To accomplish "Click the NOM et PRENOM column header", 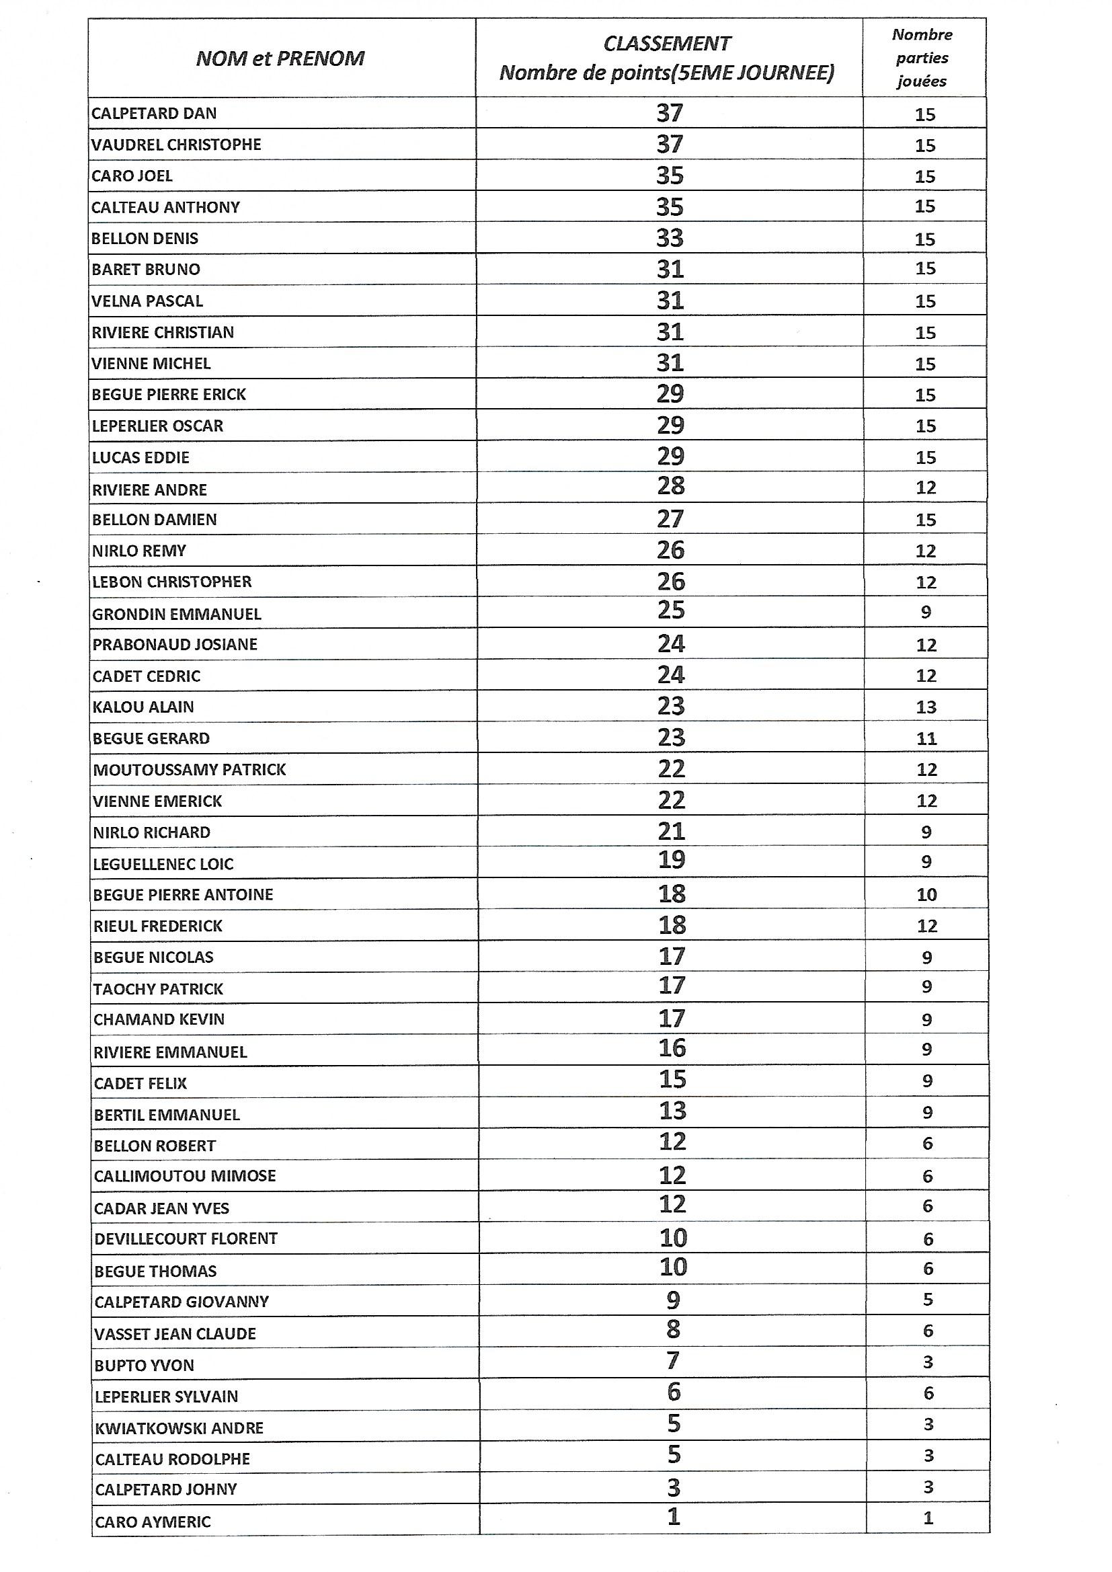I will [x=280, y=59].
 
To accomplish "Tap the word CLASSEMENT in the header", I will [x=667, y=44].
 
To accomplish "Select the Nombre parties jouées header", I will [x=922, y=58].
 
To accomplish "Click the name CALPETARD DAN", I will [x=154, y=114].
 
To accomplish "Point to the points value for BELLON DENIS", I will [x=670, y=238].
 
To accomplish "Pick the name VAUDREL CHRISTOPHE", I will [x=177, y=145].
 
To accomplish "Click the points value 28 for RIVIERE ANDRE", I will [x=670, y=486].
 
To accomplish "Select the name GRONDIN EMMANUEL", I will [x=177, y=614].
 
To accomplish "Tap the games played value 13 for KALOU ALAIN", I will [x=926, y=707].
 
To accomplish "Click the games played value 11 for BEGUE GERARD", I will [x=926, y=739].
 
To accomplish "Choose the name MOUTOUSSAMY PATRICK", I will [x=190, y=770].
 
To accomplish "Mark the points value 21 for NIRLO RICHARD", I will [x=671, y=832].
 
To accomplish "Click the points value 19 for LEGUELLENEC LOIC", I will [x=671, y=861].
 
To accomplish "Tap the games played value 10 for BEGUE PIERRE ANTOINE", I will [x=926, y=895].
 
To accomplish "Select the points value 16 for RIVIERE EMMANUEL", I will [x=672, y=1048].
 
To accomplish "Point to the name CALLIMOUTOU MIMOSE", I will [x=185, y=1176].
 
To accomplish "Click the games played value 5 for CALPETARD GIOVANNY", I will [x=928, y=1300].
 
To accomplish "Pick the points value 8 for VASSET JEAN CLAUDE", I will [x=673, y=1330].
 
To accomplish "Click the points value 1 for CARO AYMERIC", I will [x=674, y=1518].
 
